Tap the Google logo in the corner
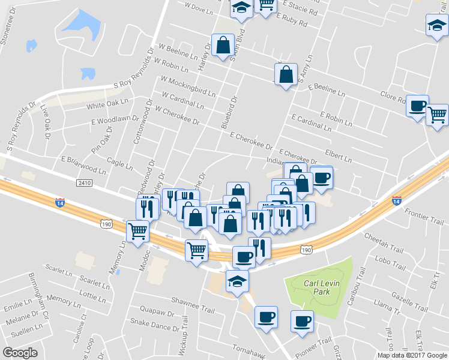tap(20, 353)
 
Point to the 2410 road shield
tap(85, 182)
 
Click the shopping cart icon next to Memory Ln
tap(138, 230)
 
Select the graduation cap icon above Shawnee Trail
tap(238, 280)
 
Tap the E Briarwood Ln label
tap(83, 166)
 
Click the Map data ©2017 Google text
tap(412, 355)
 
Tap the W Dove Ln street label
tap(199, 8)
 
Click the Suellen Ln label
tap(23, 329)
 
